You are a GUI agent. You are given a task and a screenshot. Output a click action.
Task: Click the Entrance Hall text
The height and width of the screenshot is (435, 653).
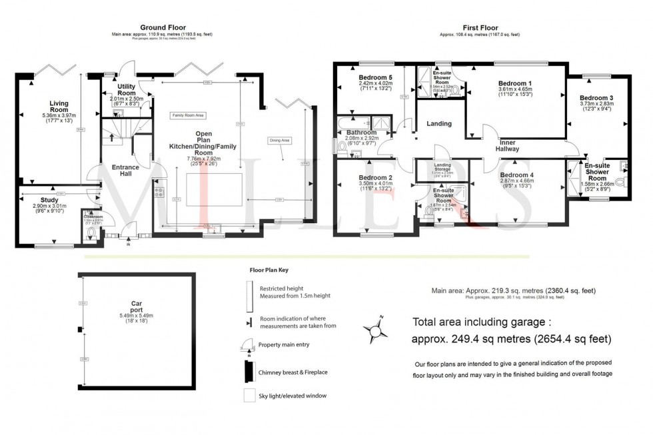121,170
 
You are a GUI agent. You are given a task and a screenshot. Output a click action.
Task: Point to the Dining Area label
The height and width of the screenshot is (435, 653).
280,141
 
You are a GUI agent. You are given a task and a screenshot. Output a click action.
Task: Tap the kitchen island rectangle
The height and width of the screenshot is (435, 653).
212,189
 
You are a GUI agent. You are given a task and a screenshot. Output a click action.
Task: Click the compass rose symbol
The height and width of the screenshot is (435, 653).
376,328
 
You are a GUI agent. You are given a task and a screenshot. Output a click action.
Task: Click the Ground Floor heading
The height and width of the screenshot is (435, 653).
139,26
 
